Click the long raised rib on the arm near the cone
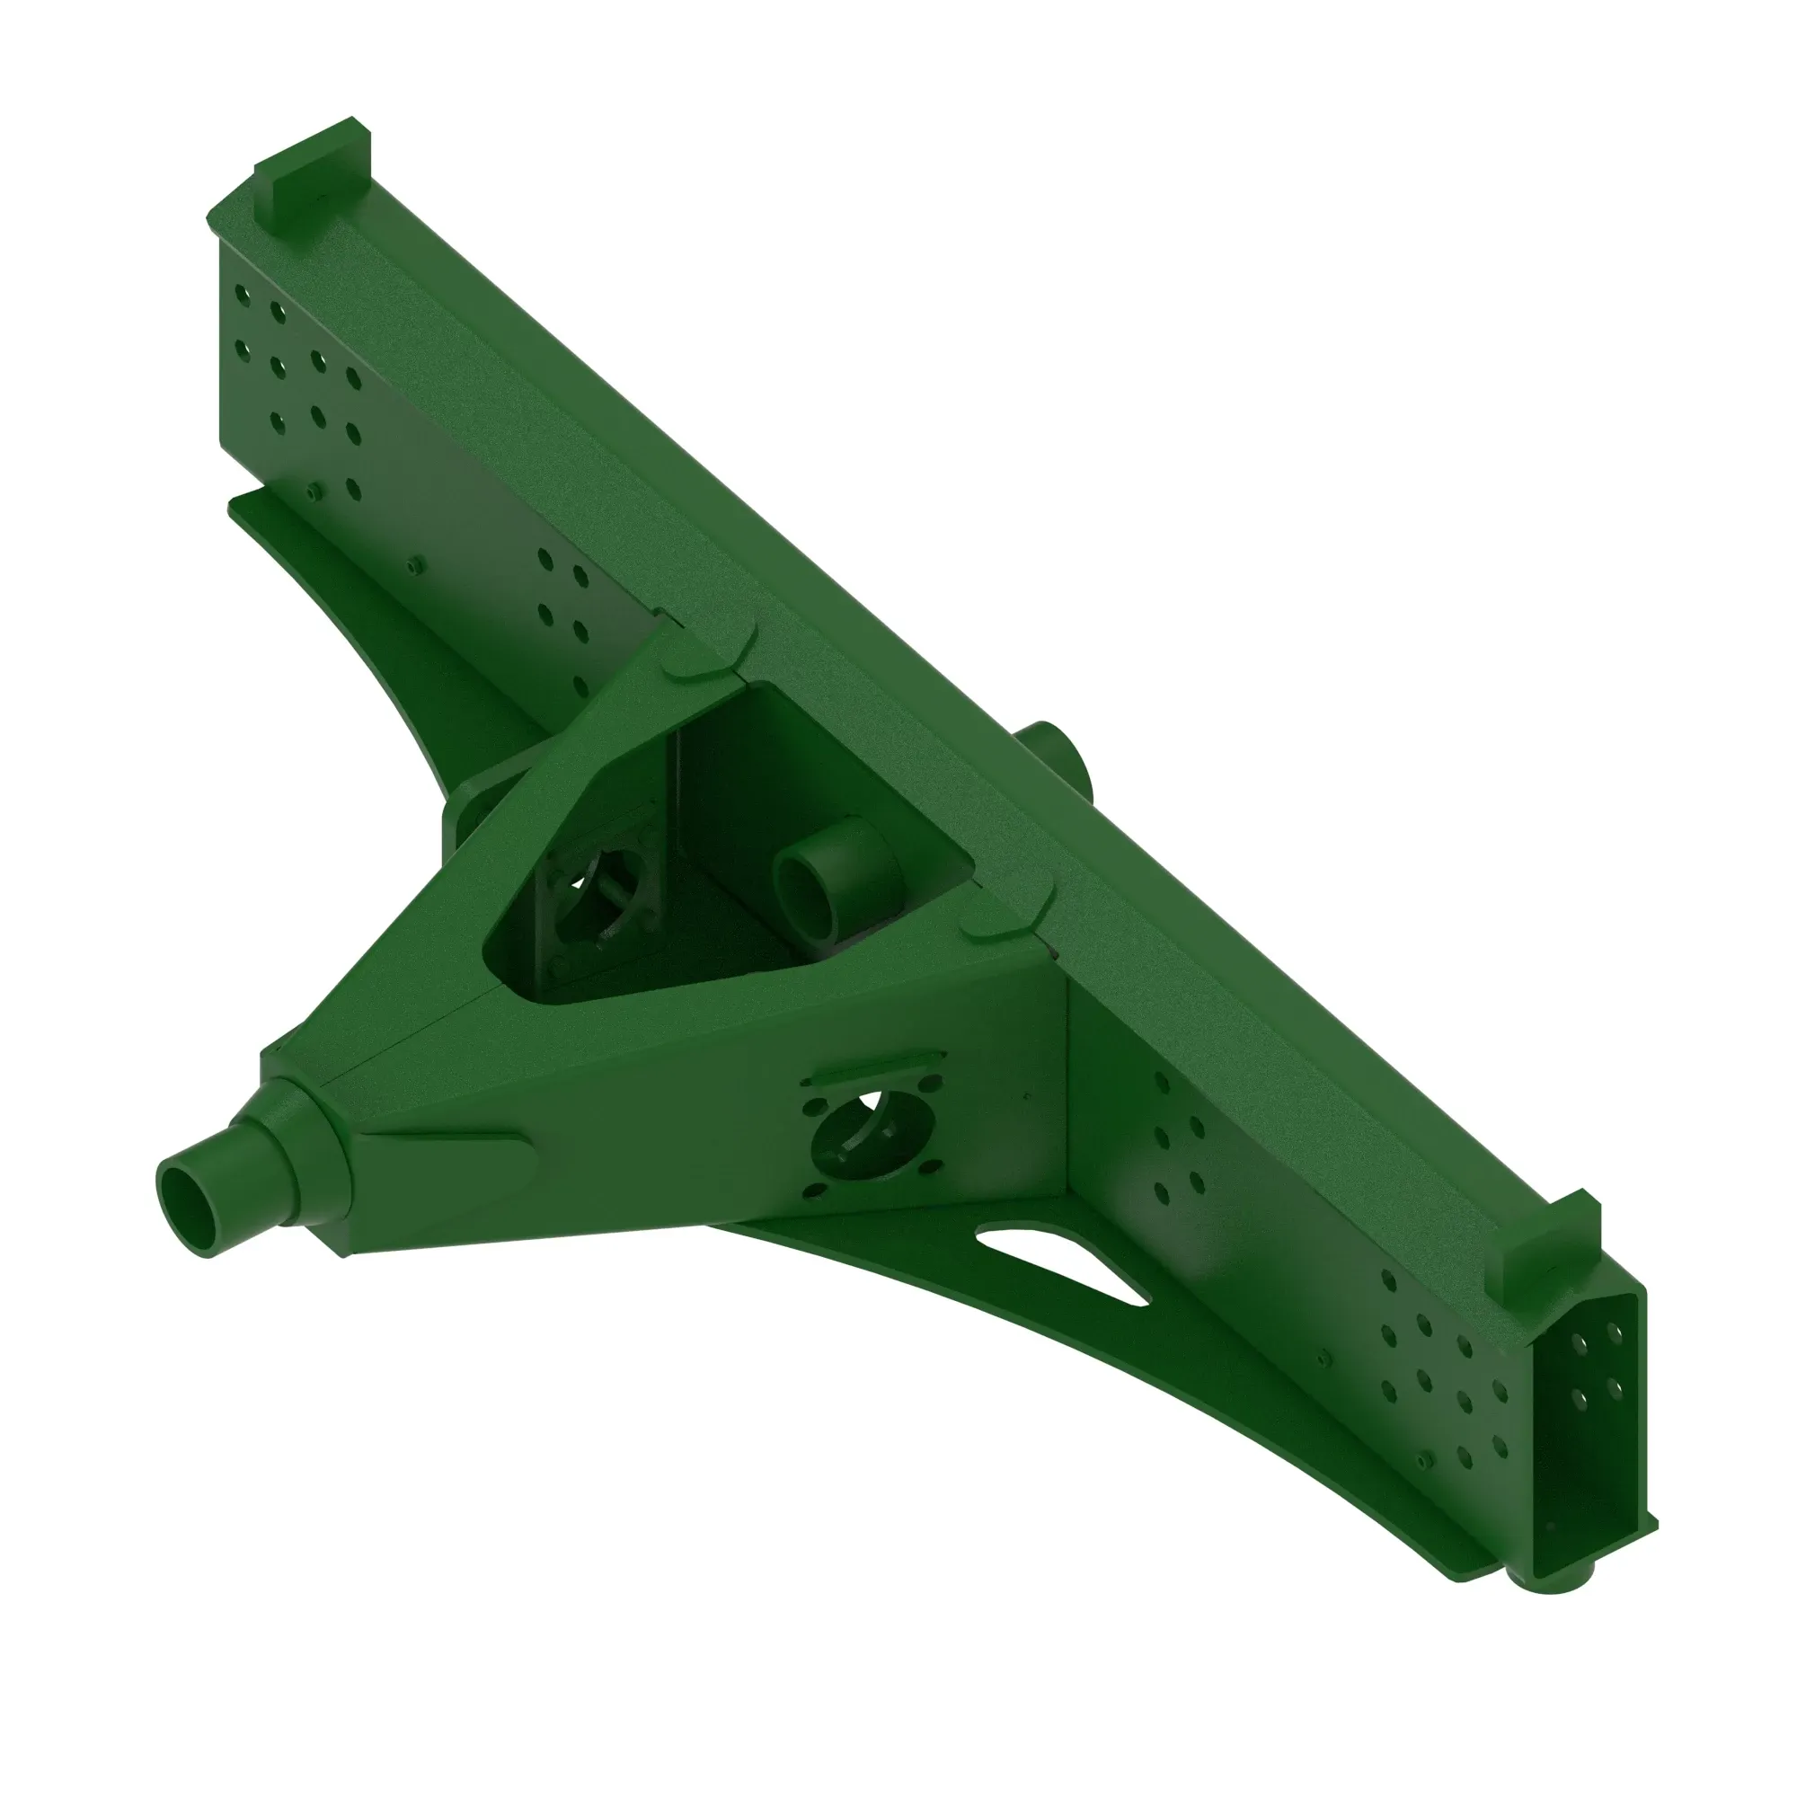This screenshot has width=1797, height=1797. tap(447, 1140)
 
